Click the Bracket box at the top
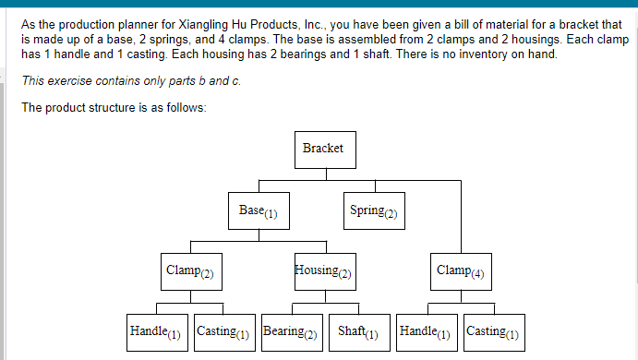coord(323,150)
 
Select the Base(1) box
coord(259,210)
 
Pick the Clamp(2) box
coord(189,271)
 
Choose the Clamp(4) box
coord(460,271)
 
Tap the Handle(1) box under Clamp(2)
coord(156,331)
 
